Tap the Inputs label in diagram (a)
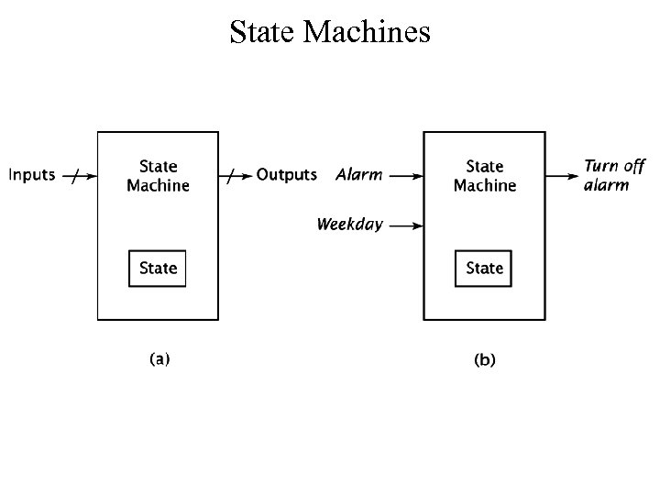pos(31,174)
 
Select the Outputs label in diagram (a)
pos(286,174)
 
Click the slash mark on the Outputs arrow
pos(233,175)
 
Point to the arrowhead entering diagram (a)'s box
pos(92,174)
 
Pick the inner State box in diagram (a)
pos(158,268)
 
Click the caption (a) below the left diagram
pos(159,359)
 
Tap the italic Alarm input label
pos(358,174)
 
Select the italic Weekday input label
pos(349,224)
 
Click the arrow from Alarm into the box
pos(403,174)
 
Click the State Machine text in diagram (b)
pos(485,176)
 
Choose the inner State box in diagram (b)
pos(484,268)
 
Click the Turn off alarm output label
pos(614,175)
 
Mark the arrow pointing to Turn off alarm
pos(562,174)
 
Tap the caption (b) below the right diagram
pos(484,360)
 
